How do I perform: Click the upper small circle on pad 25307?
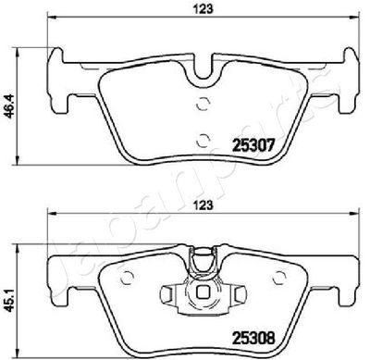click(x=203, y=105)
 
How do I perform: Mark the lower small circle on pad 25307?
click(x=203, y=138)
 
